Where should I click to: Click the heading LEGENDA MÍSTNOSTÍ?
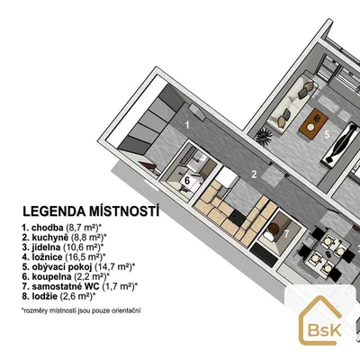(x=91, y=211)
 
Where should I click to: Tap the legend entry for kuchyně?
(x=64, y=238)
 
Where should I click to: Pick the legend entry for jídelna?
(x=63, y=247)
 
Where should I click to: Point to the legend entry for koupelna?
(x=66, y=276)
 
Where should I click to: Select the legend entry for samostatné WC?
(x=80, y=286)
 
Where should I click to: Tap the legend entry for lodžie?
(x=58, y=296)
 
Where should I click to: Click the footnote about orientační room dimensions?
(x=81, y=310)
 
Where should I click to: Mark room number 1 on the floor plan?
(x=187, y=125)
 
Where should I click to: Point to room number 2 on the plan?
(x=254, y=175)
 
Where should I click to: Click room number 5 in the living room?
(x=327, y=134)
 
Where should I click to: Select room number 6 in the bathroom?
(x=187, y=181)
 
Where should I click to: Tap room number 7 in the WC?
(x=287, y=233)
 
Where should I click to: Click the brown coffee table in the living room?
(x=313, y=123)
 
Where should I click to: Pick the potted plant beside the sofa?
(x=263, y=137)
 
